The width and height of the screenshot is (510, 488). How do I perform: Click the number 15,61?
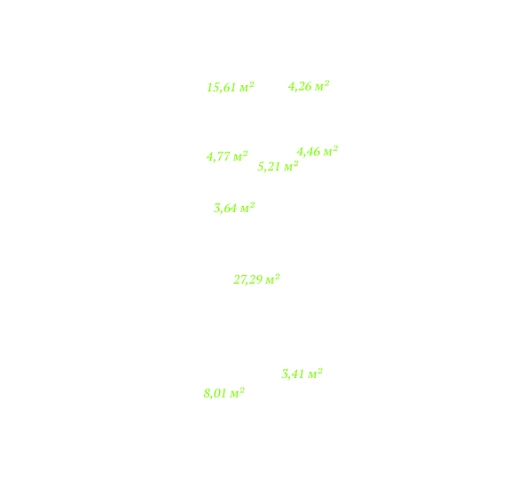point(222,88)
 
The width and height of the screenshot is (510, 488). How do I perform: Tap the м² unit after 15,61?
point(247,87)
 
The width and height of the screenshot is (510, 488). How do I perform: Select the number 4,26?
point(300,87)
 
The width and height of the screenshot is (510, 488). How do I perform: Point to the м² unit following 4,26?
point(322,85)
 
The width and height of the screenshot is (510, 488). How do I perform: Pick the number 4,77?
point(218,157)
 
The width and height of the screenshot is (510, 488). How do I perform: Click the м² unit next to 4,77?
point(240,155)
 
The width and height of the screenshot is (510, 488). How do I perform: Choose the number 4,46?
point(309,152)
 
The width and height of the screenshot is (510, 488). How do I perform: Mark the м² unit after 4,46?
point(331,150)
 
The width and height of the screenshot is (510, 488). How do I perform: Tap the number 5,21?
point(269,167)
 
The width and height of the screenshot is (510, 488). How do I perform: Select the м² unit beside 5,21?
point(292,166)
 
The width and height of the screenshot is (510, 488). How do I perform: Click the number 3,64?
point(225,209)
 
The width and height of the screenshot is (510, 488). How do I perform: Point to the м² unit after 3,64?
point(247,207)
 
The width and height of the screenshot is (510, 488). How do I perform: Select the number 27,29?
point(247,279)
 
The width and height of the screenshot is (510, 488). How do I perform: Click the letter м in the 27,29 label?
point(270,280)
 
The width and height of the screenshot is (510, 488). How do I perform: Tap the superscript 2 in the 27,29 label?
point(277,276)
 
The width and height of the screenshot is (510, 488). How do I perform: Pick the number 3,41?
point(293,374)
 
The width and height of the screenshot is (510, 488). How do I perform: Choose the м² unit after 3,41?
point(316,373)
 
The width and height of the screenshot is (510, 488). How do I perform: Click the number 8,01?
point(215,394)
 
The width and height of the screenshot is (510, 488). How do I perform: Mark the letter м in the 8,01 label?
point(234,394)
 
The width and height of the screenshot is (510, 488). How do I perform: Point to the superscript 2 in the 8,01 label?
point(242,390)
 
